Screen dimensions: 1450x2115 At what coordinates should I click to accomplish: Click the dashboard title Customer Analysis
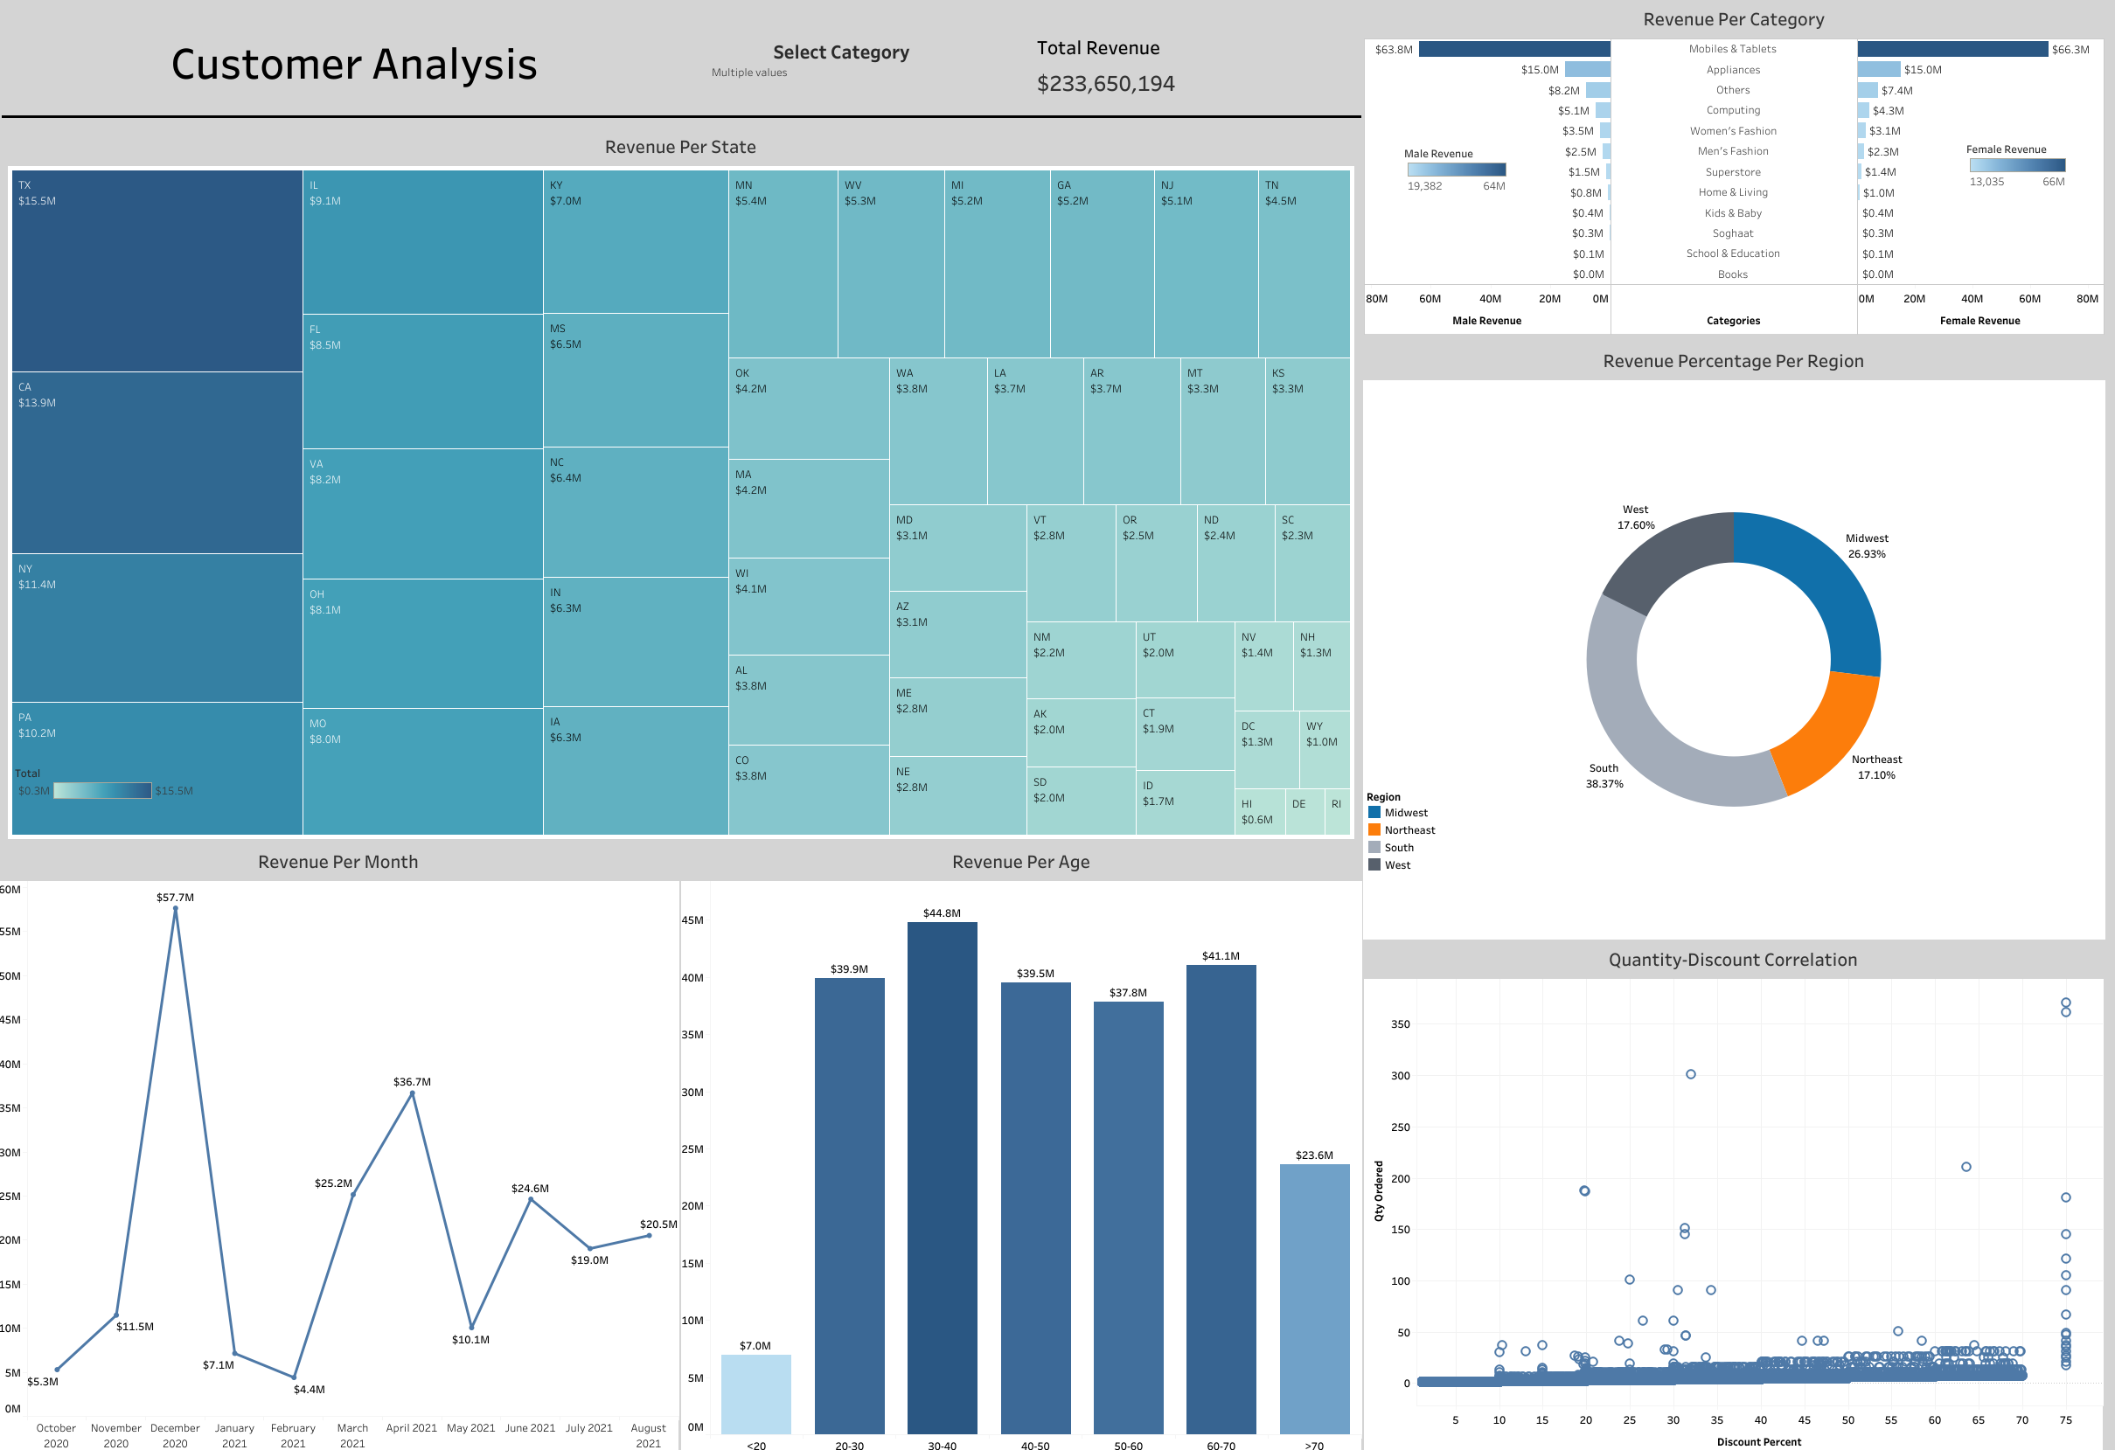point(354,65)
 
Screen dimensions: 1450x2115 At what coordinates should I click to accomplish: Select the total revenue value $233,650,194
point(1105,84)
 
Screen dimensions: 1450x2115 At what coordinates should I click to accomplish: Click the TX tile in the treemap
point(157,271)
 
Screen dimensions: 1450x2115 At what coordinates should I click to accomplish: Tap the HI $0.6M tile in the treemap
point(1259,812)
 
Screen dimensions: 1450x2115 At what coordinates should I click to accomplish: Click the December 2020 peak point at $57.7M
point(176,909)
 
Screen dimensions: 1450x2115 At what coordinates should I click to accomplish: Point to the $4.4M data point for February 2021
point(293,1377)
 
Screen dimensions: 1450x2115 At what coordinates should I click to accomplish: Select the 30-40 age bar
point(942,1178)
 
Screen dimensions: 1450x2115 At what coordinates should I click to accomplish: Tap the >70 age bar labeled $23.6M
point(1313,1298)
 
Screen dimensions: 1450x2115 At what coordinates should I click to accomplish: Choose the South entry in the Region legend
point(1398,848)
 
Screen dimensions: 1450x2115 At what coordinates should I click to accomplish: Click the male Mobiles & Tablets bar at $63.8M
point(1513,49)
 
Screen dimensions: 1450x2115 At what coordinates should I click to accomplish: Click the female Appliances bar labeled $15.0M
point(1878,70)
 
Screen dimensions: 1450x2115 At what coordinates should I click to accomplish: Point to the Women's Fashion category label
point(1733,131)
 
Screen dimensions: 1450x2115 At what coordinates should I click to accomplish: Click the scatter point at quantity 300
point(1691,1074)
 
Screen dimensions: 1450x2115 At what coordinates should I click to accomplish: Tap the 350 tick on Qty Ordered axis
point(1400,1024)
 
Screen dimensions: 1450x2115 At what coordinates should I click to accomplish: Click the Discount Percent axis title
point(1758,1442)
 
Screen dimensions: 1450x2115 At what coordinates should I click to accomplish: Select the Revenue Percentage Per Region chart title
point(1733,361)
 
